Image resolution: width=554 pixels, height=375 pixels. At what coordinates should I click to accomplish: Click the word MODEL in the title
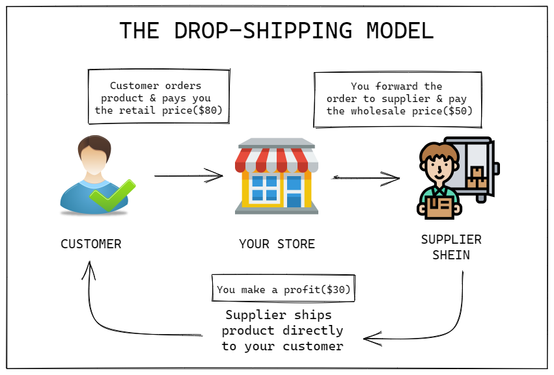click(x=400, y=31)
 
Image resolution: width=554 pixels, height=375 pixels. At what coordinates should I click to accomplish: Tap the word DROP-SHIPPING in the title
click(x=263, y=31)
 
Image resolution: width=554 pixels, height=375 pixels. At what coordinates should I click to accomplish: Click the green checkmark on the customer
click(x=113, y=195)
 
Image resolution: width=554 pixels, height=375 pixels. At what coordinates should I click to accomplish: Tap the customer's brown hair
click(x=94, y=146)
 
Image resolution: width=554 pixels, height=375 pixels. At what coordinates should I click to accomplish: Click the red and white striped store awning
click(x=277, y=160)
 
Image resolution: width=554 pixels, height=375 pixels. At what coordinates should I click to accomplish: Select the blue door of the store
click(x=294, y=192)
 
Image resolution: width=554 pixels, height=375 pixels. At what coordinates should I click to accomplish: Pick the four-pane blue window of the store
click(x=264, y=188)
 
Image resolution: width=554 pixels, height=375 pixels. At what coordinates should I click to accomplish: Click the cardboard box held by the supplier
click(x=439, y=207)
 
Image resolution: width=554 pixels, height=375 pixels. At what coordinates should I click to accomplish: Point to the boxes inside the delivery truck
click(x=477, y=177)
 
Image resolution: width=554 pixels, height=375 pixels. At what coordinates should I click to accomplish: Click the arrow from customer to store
click(x=189, y=175)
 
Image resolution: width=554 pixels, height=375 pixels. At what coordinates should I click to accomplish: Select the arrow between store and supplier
click(x=366, y=178)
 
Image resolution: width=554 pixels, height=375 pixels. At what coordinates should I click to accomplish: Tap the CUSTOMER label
click(x=91, y=244)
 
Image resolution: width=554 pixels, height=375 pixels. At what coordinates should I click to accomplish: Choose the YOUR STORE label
click(x=277, y=244)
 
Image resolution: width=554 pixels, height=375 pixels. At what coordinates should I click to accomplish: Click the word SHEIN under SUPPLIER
click(x=451, y=255)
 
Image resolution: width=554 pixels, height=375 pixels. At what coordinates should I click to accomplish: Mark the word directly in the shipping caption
click(x=313, y=331)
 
